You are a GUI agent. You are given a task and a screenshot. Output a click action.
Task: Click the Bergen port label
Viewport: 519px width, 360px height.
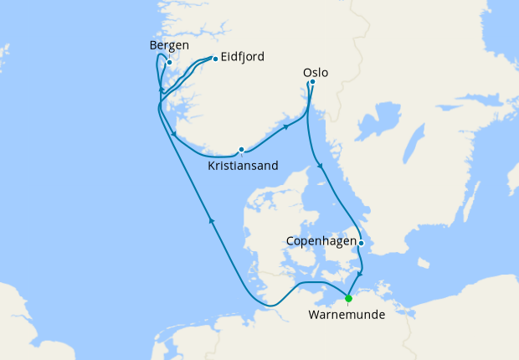click(169, 44)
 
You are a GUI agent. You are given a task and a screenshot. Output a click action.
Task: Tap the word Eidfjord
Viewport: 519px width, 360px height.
click(243, 57)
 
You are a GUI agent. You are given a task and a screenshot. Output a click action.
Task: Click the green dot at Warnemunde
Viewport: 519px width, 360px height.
click(348, 297)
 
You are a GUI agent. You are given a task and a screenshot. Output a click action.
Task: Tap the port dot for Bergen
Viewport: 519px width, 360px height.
click(169, 62)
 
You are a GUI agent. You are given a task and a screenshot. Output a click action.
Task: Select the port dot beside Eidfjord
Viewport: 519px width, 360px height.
click(215, 59)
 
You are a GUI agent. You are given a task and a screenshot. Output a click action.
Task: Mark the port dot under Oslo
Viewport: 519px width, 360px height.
click(312, 82)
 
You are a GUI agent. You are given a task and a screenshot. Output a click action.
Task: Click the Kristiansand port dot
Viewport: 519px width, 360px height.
click(241, 150)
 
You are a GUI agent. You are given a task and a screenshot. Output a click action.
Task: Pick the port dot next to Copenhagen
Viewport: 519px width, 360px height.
click(361, 243)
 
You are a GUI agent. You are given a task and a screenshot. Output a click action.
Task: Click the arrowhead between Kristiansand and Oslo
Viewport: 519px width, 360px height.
click(286, 127)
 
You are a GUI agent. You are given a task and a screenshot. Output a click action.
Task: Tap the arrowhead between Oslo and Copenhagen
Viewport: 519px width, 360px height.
click(321, 170)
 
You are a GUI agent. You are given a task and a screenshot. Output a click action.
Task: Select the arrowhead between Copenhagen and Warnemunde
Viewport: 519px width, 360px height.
click(360, 274)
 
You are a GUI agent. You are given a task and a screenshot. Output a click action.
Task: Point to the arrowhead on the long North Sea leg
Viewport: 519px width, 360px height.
click(212, 221)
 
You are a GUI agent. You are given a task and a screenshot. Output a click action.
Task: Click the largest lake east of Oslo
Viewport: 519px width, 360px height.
click(388, 116)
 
